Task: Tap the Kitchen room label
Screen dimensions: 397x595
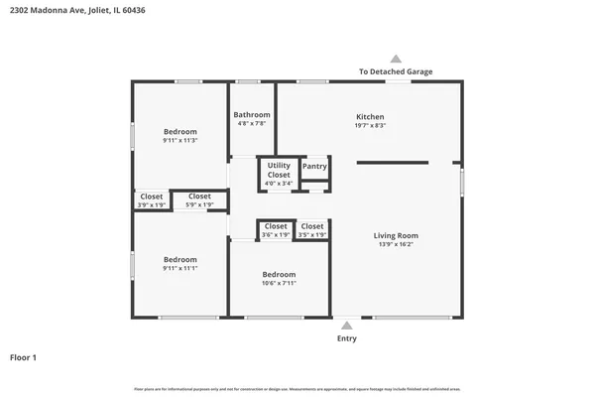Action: click(370, 116)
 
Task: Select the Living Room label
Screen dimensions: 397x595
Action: click(396, 235)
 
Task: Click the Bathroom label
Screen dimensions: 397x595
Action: click(252, 115)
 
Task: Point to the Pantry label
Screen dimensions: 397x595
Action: click(314, 167)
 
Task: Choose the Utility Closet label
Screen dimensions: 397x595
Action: click(280, 170)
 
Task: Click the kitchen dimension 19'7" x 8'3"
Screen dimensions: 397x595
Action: click(370, 126)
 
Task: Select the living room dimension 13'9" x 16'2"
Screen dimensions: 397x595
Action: click(396, 244)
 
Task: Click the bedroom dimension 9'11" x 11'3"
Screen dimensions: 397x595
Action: click(180, 141)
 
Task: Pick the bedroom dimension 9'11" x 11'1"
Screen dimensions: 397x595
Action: click(180, 268)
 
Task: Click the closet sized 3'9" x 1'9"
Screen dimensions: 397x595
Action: click(152, 200)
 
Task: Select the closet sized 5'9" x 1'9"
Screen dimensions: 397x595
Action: click(199, 200)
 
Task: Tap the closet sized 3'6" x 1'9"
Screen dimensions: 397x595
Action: click(276, 230)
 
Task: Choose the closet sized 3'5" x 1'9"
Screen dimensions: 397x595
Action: click(311, 230)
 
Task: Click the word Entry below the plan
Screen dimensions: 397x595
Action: click(347, 338)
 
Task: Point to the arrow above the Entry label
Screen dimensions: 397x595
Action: click(347, 326)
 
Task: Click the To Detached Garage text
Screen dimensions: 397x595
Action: click(396, 71)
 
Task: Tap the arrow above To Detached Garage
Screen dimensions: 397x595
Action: click(396, 59)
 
